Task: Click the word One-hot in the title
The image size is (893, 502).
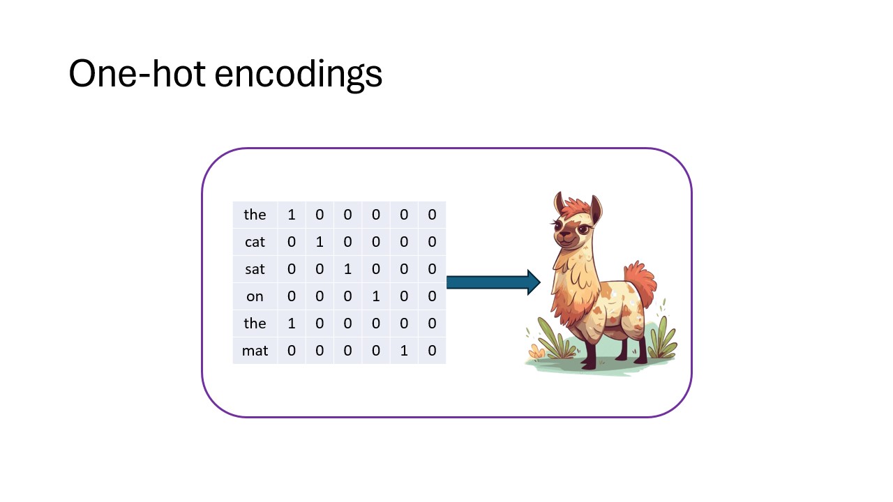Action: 137,73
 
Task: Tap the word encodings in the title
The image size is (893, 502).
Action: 299,75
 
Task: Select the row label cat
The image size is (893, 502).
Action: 255,242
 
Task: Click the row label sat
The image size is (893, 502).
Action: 255,269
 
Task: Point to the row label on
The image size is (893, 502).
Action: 255,296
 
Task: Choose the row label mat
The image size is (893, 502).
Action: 255,351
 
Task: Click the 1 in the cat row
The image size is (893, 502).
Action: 320,242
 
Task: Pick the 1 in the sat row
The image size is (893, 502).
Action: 347,269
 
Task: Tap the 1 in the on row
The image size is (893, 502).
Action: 376,296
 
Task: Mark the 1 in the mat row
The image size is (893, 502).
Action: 404,351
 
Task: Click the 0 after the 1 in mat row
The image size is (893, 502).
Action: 432,351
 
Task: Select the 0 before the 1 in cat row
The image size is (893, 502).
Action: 292,242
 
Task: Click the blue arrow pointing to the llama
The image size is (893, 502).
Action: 493,282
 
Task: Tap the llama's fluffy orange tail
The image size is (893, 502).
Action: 640,283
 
